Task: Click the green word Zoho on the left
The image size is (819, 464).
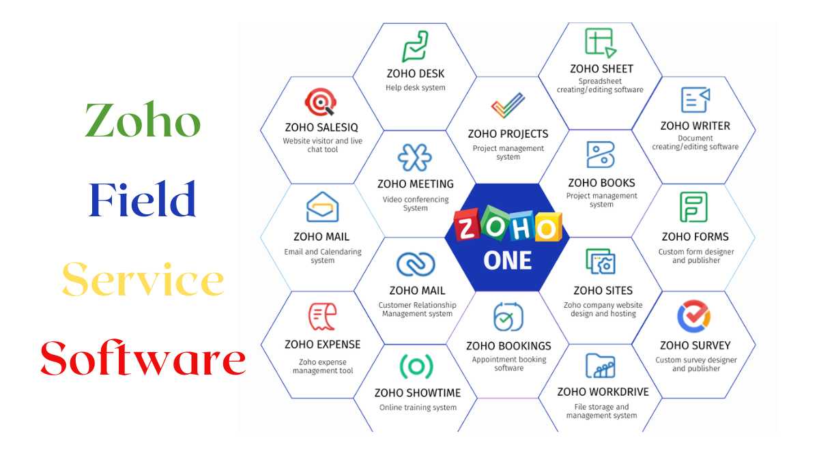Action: [x=143, y=119]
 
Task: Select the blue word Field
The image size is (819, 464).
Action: [x=142, y=199]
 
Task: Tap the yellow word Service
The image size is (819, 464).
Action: [x=143, y=278]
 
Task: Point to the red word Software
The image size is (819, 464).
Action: [x=143, y=358]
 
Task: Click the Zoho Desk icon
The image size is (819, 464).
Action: [x=416, y=47]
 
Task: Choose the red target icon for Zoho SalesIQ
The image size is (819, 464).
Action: [x=321, y=102]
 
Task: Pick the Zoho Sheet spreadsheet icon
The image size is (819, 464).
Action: [x=601, y=43]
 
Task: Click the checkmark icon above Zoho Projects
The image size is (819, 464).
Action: [x=508, y=105]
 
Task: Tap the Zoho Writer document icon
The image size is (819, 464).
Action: [x=695, y=100]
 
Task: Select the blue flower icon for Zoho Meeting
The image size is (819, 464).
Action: [x=415, y=158]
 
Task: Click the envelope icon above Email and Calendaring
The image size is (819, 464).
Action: [x=322, y=207]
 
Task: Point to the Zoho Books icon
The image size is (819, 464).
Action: [x=601, y=154]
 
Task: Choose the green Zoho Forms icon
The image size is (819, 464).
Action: [x=693, y=207]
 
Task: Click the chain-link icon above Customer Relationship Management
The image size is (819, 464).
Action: [x=416, y=264]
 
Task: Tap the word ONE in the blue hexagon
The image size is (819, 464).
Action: [x=508, y=261]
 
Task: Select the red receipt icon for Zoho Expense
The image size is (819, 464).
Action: [x=322, y=317]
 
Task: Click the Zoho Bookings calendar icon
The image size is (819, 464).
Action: [x=508, y=317]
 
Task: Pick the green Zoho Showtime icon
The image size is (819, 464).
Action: [x=416, y=366]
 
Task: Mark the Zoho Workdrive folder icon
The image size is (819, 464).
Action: [x=601, y=366]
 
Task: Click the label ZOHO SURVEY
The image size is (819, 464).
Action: [x=695, y=345]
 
